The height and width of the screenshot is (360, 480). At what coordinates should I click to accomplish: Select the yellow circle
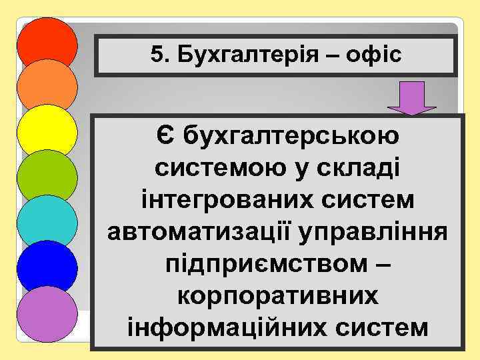point(47,129)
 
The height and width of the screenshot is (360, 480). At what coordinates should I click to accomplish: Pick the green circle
point(47,175)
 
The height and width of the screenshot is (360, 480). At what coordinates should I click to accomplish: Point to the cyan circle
point(47,220)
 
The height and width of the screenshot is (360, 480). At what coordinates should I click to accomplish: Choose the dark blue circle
point(47,265)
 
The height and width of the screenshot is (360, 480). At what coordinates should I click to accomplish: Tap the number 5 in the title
point(156,55)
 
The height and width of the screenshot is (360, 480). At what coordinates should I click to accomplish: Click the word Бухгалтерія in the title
point(244,55)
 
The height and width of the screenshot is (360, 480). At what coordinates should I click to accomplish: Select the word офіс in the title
point(377,55)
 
